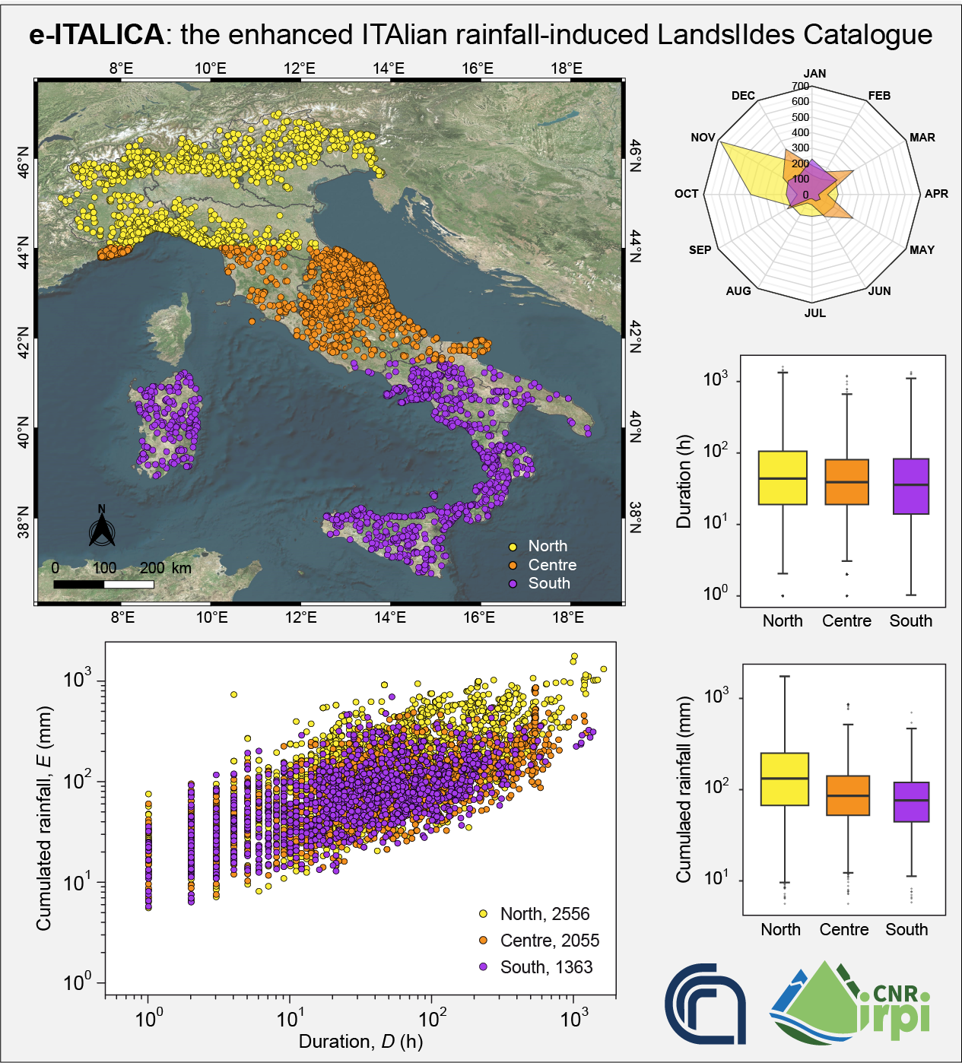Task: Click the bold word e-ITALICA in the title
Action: coord(96,35)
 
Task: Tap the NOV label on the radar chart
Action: coord(703,138)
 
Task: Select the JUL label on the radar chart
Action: coord(814,313)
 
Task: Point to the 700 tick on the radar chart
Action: coord(800,87)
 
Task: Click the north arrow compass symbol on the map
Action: coord(102,526)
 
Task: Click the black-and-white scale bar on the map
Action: coord(103,584)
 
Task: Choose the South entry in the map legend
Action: coord(548,583)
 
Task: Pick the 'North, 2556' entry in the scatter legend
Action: coord(544,914)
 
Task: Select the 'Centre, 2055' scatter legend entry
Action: coord(549,941)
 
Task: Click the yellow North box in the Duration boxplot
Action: coord(783,478)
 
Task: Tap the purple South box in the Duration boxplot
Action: coord(910,487)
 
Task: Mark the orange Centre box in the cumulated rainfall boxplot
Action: coord(847,795)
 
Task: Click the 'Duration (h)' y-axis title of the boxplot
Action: coord(684,482)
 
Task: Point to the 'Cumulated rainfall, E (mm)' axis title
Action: coord(44,817)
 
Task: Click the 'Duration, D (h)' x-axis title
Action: coord(360,1041)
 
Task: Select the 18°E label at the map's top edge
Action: coord(567,68)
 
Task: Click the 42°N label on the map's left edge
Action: coord(24,343)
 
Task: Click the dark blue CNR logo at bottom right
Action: coord(705,1002)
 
